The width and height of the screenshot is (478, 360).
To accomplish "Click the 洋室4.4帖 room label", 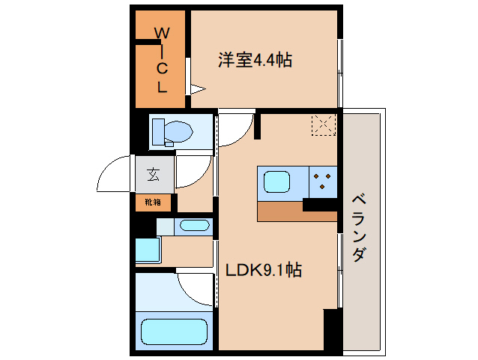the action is click(255, 60).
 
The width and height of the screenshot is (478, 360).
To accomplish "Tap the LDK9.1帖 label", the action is click(264, 270).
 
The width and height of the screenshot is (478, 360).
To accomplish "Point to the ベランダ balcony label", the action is click(359, 228).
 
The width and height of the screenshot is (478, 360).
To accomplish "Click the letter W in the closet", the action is click(162, 33).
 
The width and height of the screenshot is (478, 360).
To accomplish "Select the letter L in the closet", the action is click(162, 87).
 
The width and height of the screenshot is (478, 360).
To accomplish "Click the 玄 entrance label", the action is click(154, 174).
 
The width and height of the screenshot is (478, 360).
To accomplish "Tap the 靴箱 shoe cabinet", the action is click(153, 202).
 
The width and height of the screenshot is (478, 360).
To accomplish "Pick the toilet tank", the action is click(158, 131).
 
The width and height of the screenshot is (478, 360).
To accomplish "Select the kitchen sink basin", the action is click(276, 181).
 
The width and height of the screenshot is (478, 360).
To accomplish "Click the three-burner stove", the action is click(323, 181).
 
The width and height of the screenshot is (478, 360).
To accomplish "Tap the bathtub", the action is click(174, 331).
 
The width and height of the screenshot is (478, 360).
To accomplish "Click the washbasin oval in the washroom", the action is click(195, 226).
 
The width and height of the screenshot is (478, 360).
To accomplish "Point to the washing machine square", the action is click(148, 250).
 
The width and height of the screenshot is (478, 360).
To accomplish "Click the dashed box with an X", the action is click(324, 124).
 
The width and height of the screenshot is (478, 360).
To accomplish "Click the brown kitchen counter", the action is click(297, 211).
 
